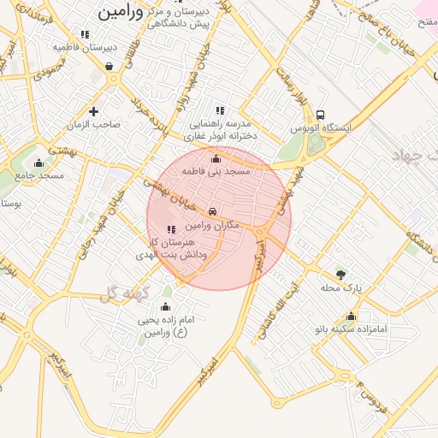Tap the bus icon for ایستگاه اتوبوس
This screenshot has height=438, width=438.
tap(320, 115)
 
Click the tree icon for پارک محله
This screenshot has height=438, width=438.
tap(341, 275)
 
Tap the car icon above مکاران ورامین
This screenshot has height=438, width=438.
tap(213, 210)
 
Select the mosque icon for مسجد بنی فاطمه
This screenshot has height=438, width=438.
tap(216, 158)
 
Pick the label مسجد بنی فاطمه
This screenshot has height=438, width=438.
tap(216, 172)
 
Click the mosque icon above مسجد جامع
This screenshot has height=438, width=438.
tap(38, 163)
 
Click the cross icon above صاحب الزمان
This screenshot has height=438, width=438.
tap(93, 111)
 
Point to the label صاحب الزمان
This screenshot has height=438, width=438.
tap(94, 125)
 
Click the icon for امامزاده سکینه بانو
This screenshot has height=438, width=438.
tap(351, 316)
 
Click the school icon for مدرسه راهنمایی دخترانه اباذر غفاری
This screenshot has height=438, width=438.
tap(220, 109)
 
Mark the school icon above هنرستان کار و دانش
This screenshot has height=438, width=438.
tap(171, 229)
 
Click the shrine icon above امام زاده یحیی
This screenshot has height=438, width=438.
tap(166, 305)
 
